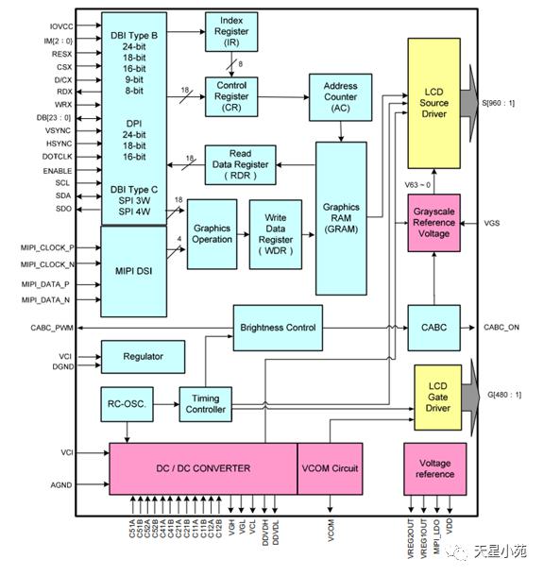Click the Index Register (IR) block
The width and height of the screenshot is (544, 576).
231,31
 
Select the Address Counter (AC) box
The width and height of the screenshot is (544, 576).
340,97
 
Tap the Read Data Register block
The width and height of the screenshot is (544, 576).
240,165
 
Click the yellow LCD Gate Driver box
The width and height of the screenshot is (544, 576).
437,398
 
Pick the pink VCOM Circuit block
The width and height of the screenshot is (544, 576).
330,468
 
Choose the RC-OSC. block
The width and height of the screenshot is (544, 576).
127,404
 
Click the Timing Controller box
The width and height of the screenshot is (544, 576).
205,404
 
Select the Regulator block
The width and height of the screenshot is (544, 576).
143,357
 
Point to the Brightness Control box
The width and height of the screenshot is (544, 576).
278,328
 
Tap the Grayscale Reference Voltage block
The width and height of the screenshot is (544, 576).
433,223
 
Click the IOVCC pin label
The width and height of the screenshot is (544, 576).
61,26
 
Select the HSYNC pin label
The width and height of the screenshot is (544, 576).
59,144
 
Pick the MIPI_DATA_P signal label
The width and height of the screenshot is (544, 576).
45,284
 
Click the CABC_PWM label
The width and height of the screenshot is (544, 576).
52,328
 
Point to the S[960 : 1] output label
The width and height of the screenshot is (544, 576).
498,103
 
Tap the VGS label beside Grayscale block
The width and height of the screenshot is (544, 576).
491,223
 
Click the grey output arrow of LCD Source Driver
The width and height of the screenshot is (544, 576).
469,103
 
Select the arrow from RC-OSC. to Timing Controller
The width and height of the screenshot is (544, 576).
166,404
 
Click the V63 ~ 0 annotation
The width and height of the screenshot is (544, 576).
417,185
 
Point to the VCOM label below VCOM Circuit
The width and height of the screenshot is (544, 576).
331,530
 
